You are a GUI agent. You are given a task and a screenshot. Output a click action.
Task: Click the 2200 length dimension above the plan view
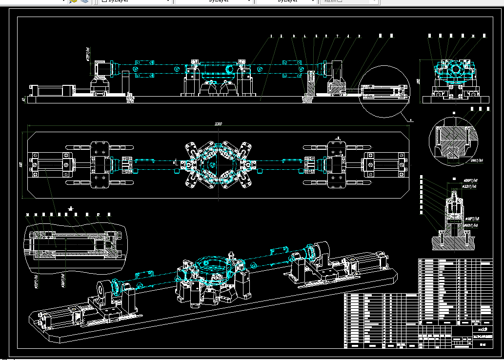coord(218,124)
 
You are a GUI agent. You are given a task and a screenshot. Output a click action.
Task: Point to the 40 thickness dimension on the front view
coord(24,100)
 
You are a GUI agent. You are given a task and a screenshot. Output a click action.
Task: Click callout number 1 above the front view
coord(271,36)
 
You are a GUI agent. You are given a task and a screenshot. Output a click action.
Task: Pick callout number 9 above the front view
coord(359,36)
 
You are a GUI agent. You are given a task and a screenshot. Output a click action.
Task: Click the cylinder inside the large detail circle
coord(383,92)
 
